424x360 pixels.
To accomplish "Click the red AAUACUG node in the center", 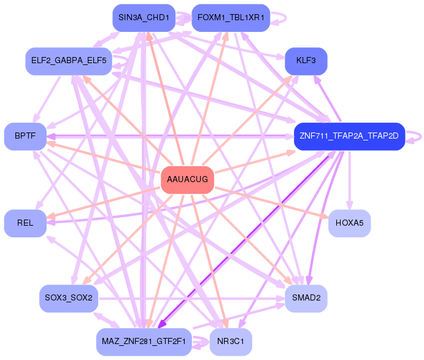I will [187, 180].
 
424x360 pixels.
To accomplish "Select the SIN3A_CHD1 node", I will [144, 18].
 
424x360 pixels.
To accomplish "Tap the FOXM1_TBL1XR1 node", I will [231, 18].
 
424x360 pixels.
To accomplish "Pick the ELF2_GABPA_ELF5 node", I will [68, 61].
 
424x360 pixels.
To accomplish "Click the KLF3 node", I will [306, 61].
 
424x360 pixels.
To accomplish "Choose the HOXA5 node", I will [350, 223].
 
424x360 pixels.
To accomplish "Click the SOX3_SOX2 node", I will [68, 298].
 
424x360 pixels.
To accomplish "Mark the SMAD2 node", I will [306, 298].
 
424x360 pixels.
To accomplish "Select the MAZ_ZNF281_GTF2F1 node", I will [144, 342].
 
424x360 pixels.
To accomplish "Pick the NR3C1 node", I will [231, 342].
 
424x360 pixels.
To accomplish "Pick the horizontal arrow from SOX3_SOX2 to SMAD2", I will [190, 299].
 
